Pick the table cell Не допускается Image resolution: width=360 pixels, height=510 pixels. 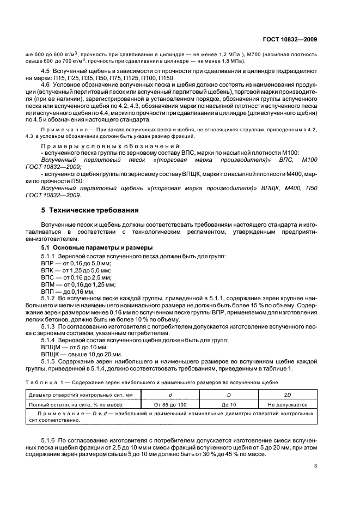tap(288, 404)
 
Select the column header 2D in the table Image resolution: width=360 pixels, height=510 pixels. tap(288, 395)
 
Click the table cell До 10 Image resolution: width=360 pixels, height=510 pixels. tap(228, 404)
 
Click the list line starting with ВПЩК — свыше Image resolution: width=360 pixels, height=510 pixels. tap(80, 354)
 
